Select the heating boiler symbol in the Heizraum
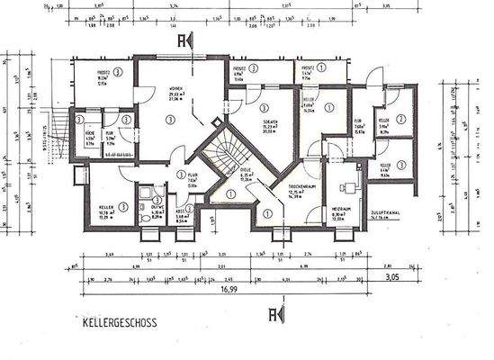click(346, 188)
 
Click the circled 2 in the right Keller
click(401, 118)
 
